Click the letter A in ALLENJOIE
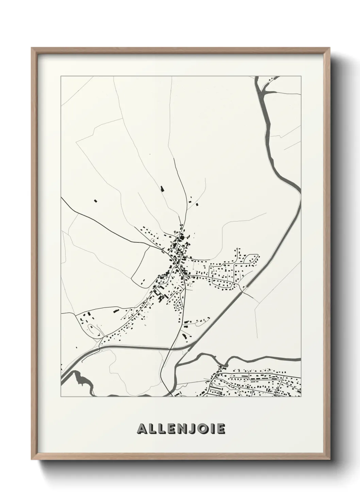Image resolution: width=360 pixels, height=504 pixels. (x=142, y=429)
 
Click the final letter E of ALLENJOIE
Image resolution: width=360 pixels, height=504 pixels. (x=220, y=429)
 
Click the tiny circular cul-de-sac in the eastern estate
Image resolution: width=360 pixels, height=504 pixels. (x=238, y=249)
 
